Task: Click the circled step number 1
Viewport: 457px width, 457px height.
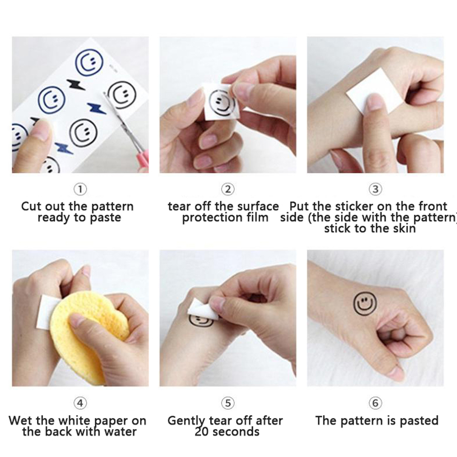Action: click(x=80, y=189)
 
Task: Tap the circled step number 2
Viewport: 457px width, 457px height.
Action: click(x=228, y=189)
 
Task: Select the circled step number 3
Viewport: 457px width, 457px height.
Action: click(x=375, y=189)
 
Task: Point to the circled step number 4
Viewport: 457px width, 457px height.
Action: click(x=80, y=403)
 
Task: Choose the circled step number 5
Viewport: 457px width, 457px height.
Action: click(x=228, y=403)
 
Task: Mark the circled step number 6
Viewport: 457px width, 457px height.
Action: click(x=375, y=403)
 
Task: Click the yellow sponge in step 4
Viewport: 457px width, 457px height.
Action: click(x=88, y=335)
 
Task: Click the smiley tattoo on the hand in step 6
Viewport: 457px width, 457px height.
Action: click(x=365, y=304)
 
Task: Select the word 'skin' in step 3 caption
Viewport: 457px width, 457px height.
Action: click(x=404, y=228)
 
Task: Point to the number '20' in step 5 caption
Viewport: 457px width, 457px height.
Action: click(x=202, y=432)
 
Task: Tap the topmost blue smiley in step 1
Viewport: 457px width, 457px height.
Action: click(x=89, y=62)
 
